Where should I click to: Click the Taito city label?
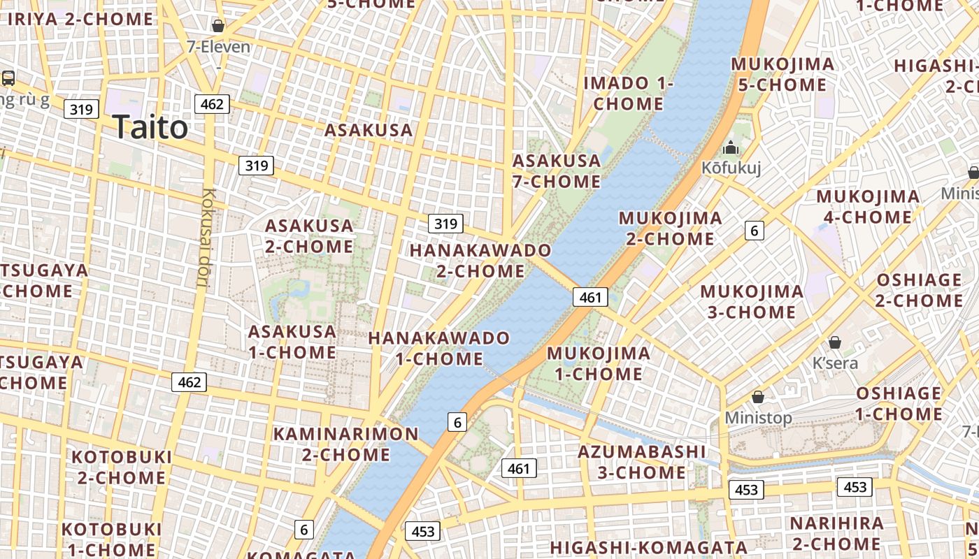point(150,127)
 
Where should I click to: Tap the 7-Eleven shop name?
point(218,47)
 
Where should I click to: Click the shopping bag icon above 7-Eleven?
point(218,26)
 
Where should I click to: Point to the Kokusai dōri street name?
point(203,238)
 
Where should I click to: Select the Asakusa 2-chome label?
point(309,236)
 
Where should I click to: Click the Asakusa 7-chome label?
point(557,171)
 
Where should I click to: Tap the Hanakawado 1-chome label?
point(439,349)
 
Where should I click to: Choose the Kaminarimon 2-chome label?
point(346,444)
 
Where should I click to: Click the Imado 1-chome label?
point(628,93)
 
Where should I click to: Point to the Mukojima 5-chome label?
point(783,75)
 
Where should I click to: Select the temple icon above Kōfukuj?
point(731,147)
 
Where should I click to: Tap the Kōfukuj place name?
point(731,168)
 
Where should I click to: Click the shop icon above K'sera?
point(834,342)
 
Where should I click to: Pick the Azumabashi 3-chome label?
point(642,462)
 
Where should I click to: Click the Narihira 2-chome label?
point(836,533)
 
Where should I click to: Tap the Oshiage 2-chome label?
point(920,290)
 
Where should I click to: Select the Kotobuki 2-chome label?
point(122,467)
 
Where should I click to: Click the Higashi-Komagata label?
point(649,547)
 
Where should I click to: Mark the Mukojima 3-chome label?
point(752,301)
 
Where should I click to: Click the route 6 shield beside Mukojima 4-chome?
point(754,230)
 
